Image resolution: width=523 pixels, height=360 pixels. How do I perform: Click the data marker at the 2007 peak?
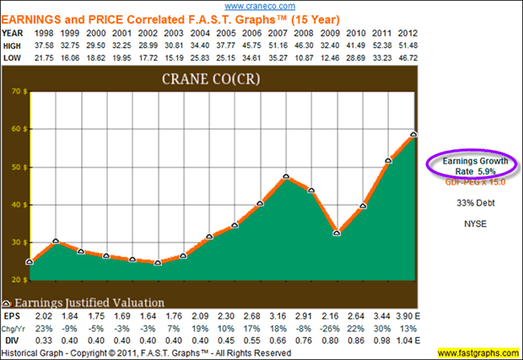[287, 177]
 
